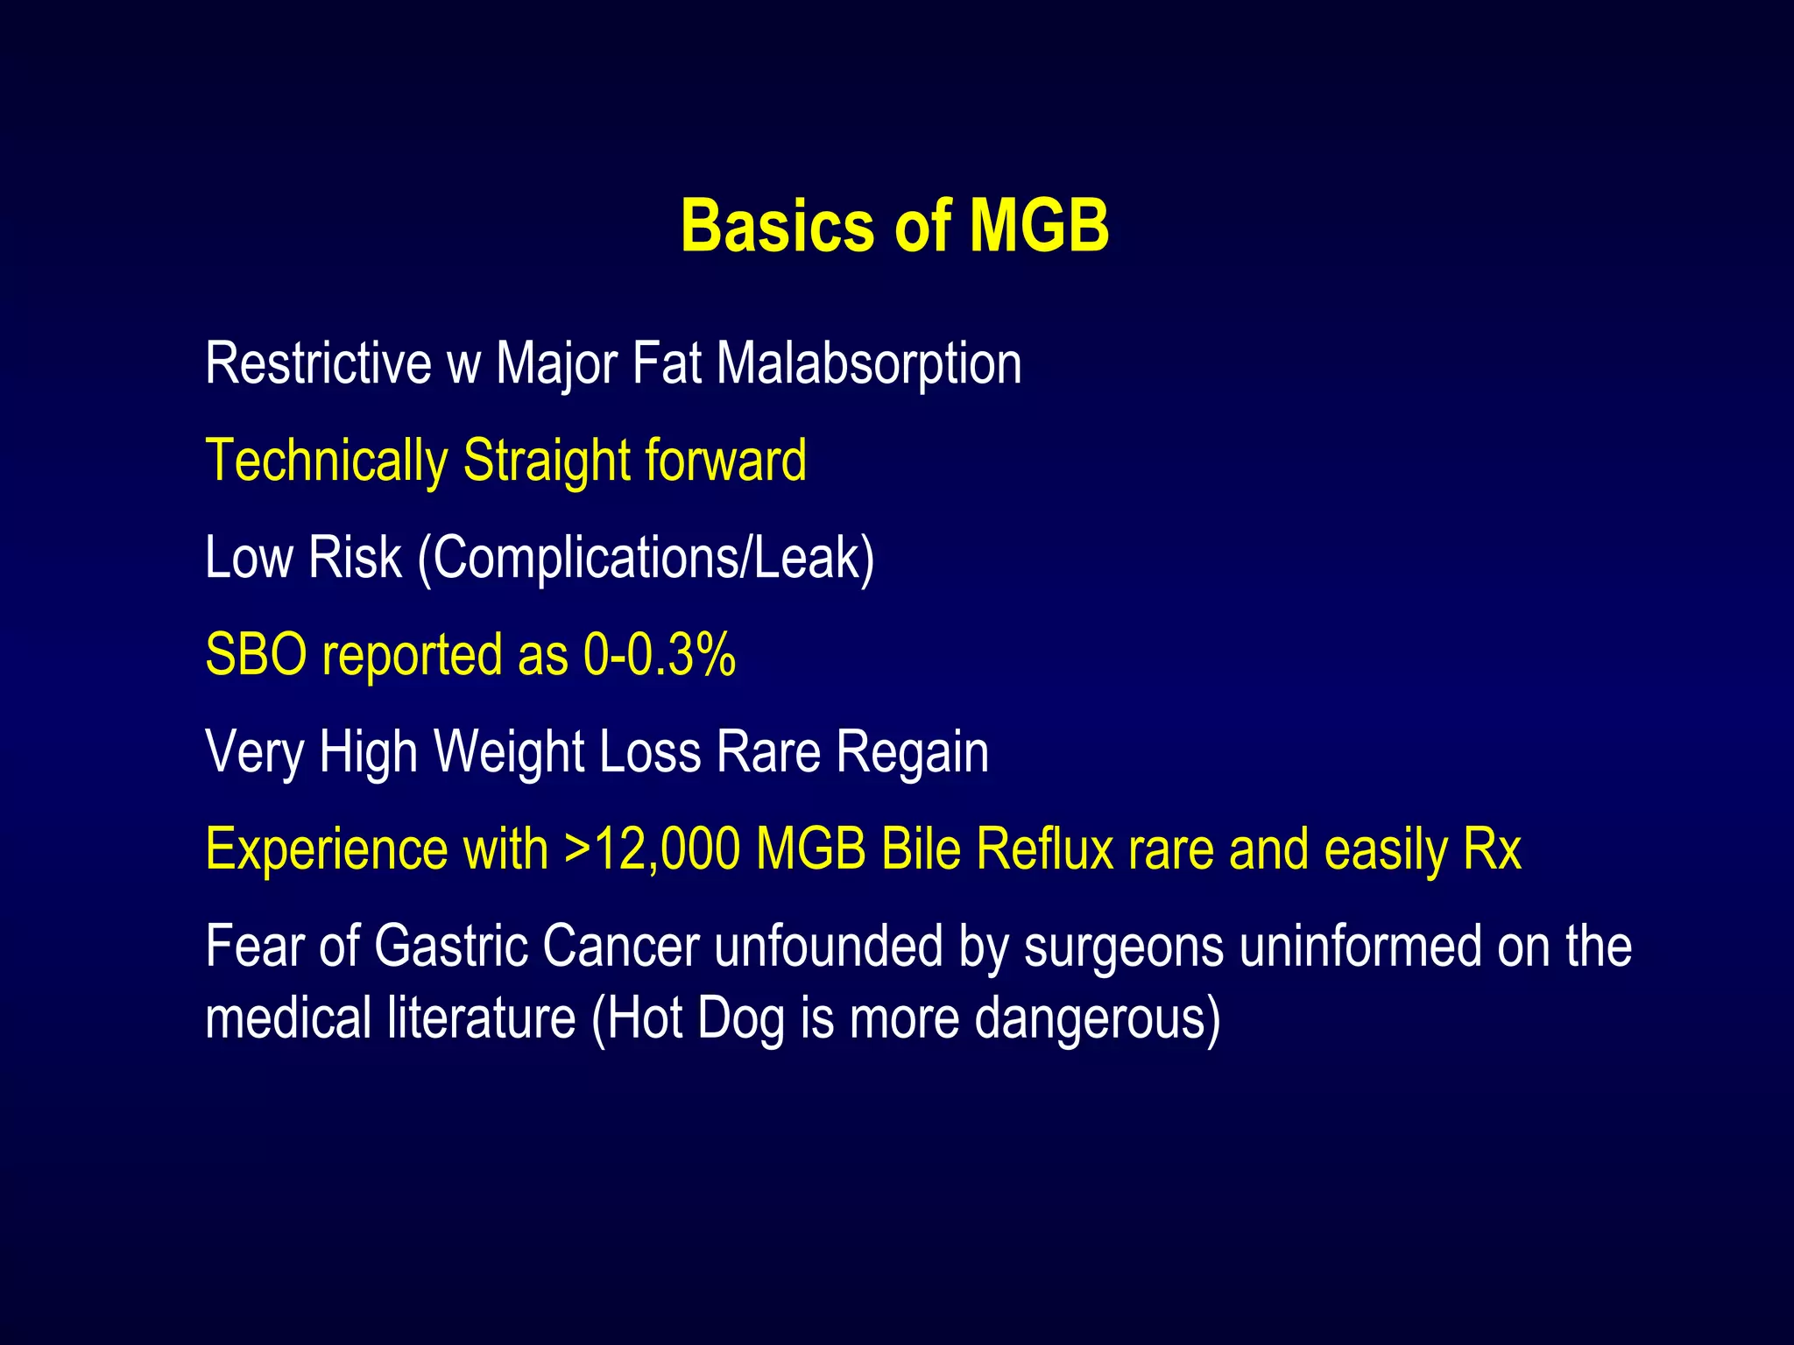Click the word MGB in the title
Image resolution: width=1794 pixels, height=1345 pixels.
pyautogui.click(x=1039, y=226)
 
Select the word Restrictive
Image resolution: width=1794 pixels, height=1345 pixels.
pyautogui.click(x=318, y=363)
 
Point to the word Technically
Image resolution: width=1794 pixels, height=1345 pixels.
pyautogui.click(x=326, y=461)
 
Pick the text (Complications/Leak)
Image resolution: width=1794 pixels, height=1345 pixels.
pyautogui.click(x=646, y=559)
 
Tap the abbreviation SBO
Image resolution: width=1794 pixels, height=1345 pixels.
pyautogui.click(x=256, y=655)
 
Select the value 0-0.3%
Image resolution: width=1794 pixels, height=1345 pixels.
pyautogui.click(x=659, y=655)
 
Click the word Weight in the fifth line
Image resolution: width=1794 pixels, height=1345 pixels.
pyautogui.click(x=509, y=752)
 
